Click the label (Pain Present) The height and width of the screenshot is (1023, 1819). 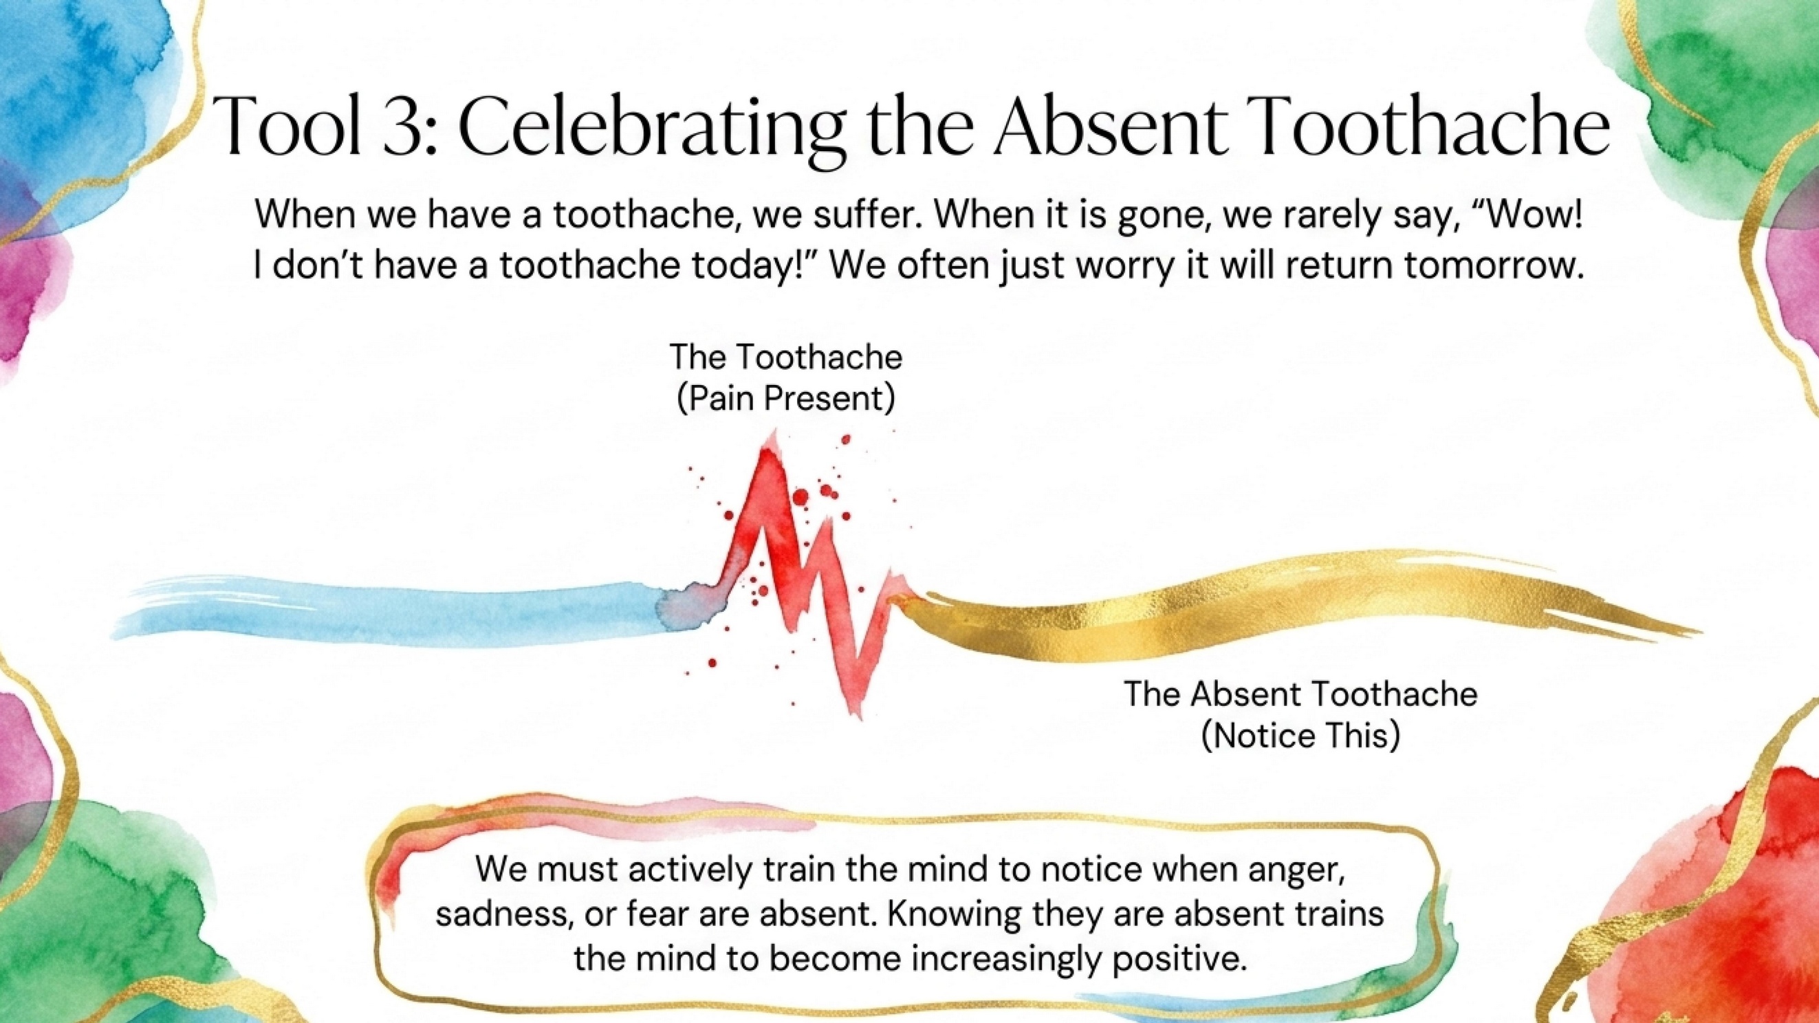click(786, 398)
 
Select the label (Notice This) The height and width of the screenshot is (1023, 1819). click(1300, 736)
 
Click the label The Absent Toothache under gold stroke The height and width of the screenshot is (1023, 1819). click(1300, 694)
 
